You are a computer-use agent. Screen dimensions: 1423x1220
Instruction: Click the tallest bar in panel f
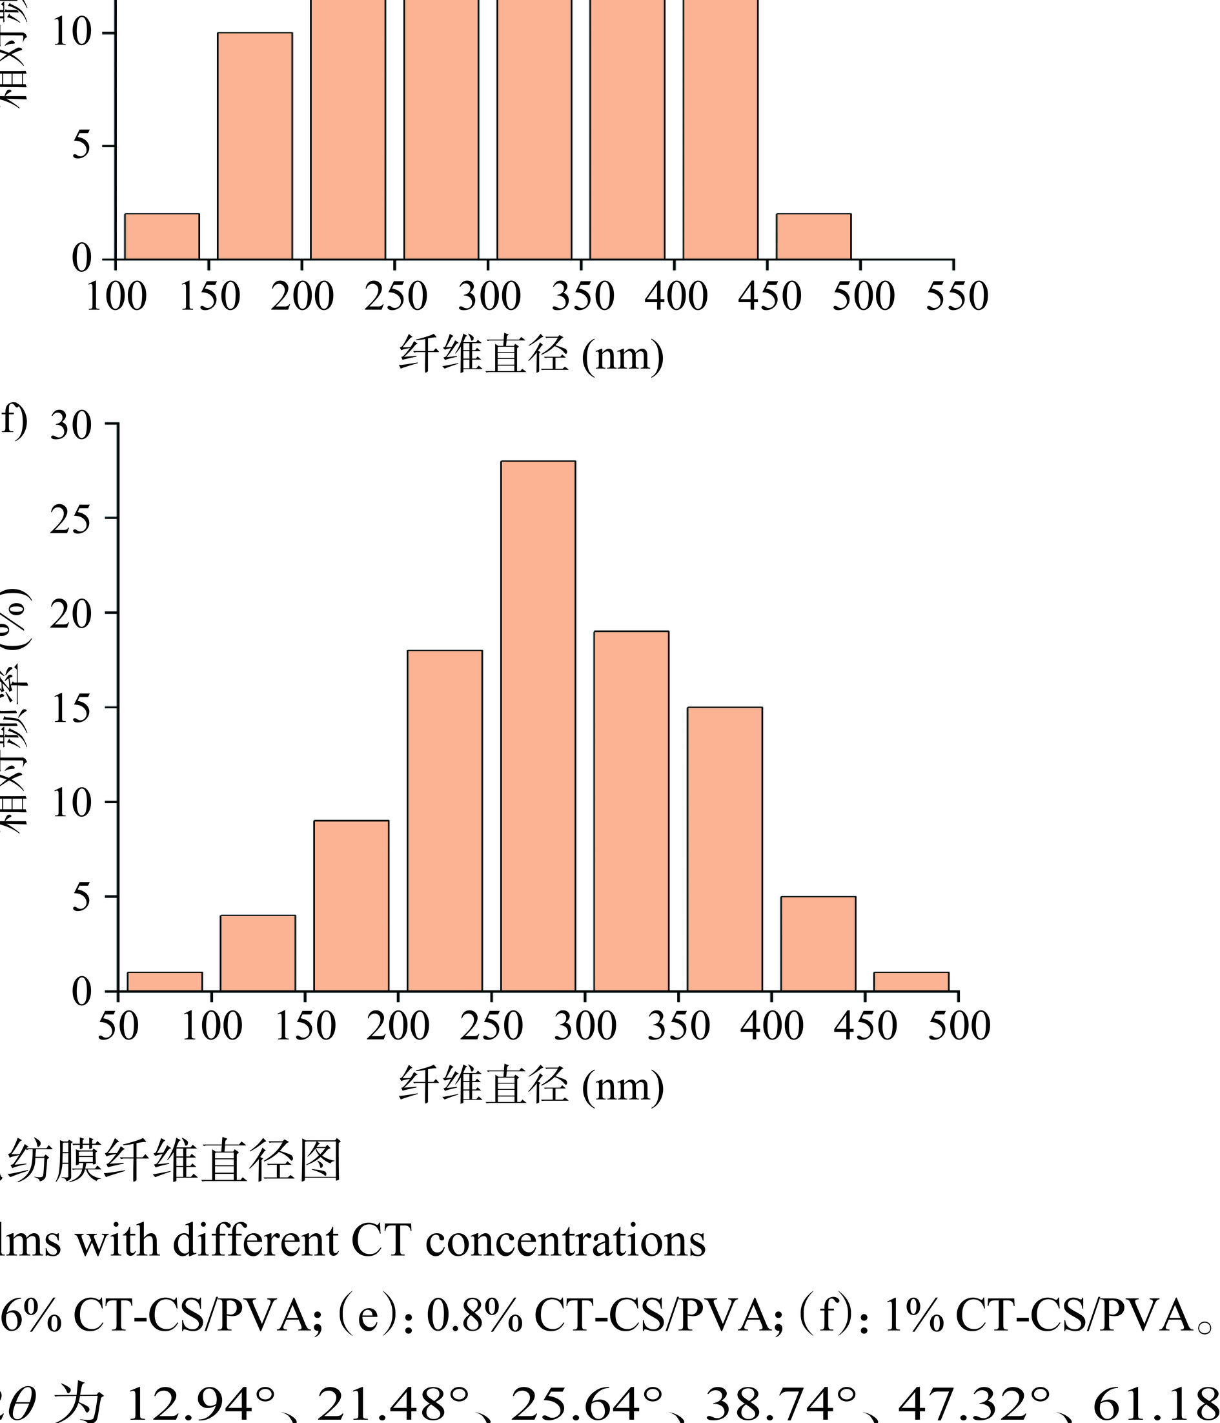538,726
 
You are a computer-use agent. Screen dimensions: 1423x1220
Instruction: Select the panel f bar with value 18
444,821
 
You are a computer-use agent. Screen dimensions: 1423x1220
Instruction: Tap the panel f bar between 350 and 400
724,849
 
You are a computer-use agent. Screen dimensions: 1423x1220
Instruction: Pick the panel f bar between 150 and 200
351,906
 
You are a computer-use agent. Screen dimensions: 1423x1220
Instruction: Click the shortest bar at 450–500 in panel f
911,981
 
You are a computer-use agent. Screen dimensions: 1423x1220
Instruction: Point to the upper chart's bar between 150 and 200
255,146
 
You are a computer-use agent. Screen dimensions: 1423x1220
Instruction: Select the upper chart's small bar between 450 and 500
813,236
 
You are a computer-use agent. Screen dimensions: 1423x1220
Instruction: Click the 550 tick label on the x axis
957,298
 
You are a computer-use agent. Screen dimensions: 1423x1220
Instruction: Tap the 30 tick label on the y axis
71,425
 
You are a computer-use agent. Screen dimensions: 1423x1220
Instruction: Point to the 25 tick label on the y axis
71,520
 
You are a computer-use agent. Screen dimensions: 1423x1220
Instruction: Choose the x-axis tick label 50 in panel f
118,1027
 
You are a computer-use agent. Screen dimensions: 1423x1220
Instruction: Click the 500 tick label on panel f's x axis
959,1027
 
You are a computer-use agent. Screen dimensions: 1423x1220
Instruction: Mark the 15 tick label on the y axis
71,709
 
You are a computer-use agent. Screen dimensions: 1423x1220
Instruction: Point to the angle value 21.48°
392,1401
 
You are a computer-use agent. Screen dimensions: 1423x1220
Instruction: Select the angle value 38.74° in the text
781,1401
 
